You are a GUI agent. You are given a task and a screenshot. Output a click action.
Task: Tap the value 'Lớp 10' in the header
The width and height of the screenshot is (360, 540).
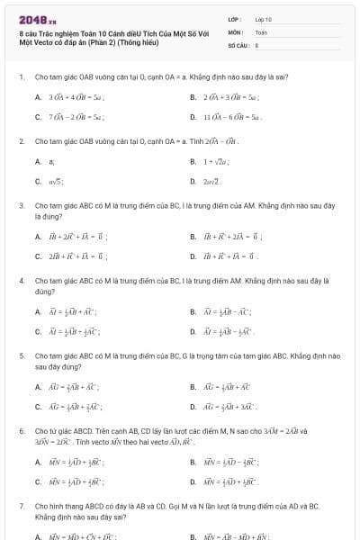(263, 18)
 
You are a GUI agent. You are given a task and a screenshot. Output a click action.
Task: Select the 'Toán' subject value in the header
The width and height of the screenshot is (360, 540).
(261, 31)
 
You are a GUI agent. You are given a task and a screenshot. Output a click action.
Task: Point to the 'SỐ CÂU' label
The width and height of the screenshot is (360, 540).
(237, 43)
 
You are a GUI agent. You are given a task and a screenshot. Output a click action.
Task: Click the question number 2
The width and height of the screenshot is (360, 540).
(21, 141)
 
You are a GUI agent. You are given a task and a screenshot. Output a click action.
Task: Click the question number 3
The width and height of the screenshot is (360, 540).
(21, 205)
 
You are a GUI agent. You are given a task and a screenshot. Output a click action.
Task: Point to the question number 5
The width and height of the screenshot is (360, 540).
(21, 356)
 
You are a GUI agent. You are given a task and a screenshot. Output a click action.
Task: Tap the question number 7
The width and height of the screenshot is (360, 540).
(21, 507)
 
